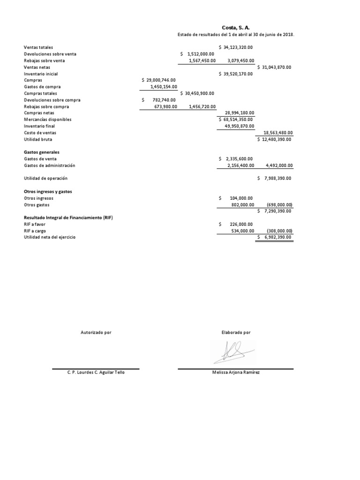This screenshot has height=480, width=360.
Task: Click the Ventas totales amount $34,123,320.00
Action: pyautogui.click(x=236, y=47)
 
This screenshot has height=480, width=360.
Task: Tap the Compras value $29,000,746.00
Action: pyautogui.click(x=158, y=80)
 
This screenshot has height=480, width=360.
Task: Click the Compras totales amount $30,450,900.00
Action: pyautogui.click(x=197, y=93)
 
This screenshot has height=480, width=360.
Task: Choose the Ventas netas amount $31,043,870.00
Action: pyautogui.click(x=274, y=67)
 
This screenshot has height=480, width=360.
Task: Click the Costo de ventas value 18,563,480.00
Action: pyautogui.click(x=278, y=133)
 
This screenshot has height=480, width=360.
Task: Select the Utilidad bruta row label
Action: pyautogui.click(x=38, y=139)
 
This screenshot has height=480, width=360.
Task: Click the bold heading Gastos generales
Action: pyautogui.click(x=42, y=152)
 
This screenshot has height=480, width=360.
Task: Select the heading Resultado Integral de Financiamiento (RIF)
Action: pyautogui.click(x=68, y=218)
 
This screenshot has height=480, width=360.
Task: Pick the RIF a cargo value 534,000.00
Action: pyautogui.click(x=242, y=231)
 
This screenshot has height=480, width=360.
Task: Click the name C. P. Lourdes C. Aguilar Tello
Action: pyautogui.click(x=96, y=372)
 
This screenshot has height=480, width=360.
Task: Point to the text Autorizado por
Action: pyautogui.click(x=96, y=332)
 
